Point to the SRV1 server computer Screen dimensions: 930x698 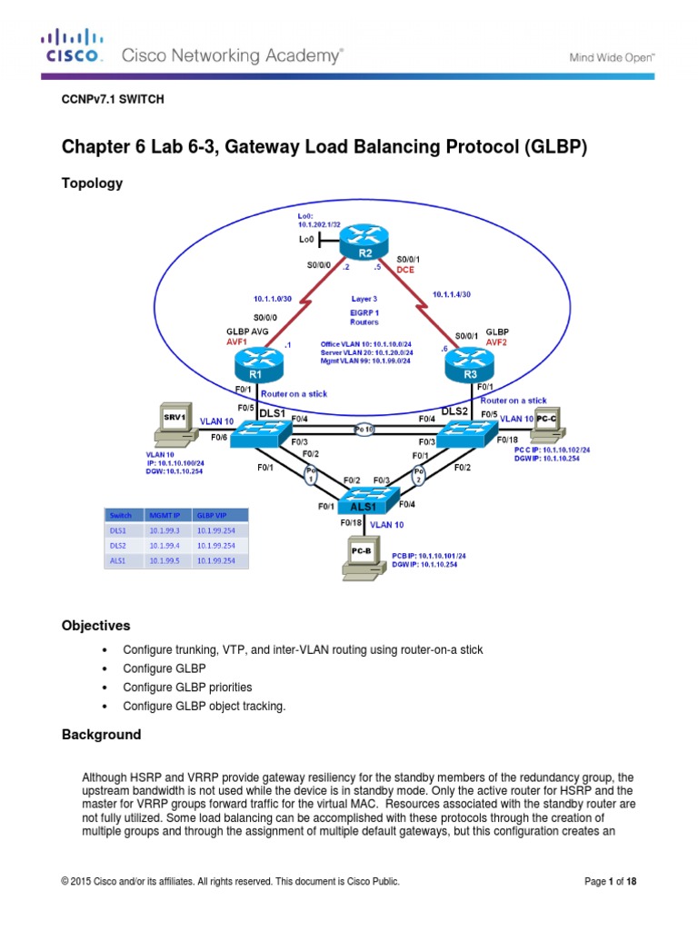173,420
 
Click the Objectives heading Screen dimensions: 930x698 95,626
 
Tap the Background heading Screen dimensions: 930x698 101,735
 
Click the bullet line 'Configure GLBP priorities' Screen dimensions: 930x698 187,688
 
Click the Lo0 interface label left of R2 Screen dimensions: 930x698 306,239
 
